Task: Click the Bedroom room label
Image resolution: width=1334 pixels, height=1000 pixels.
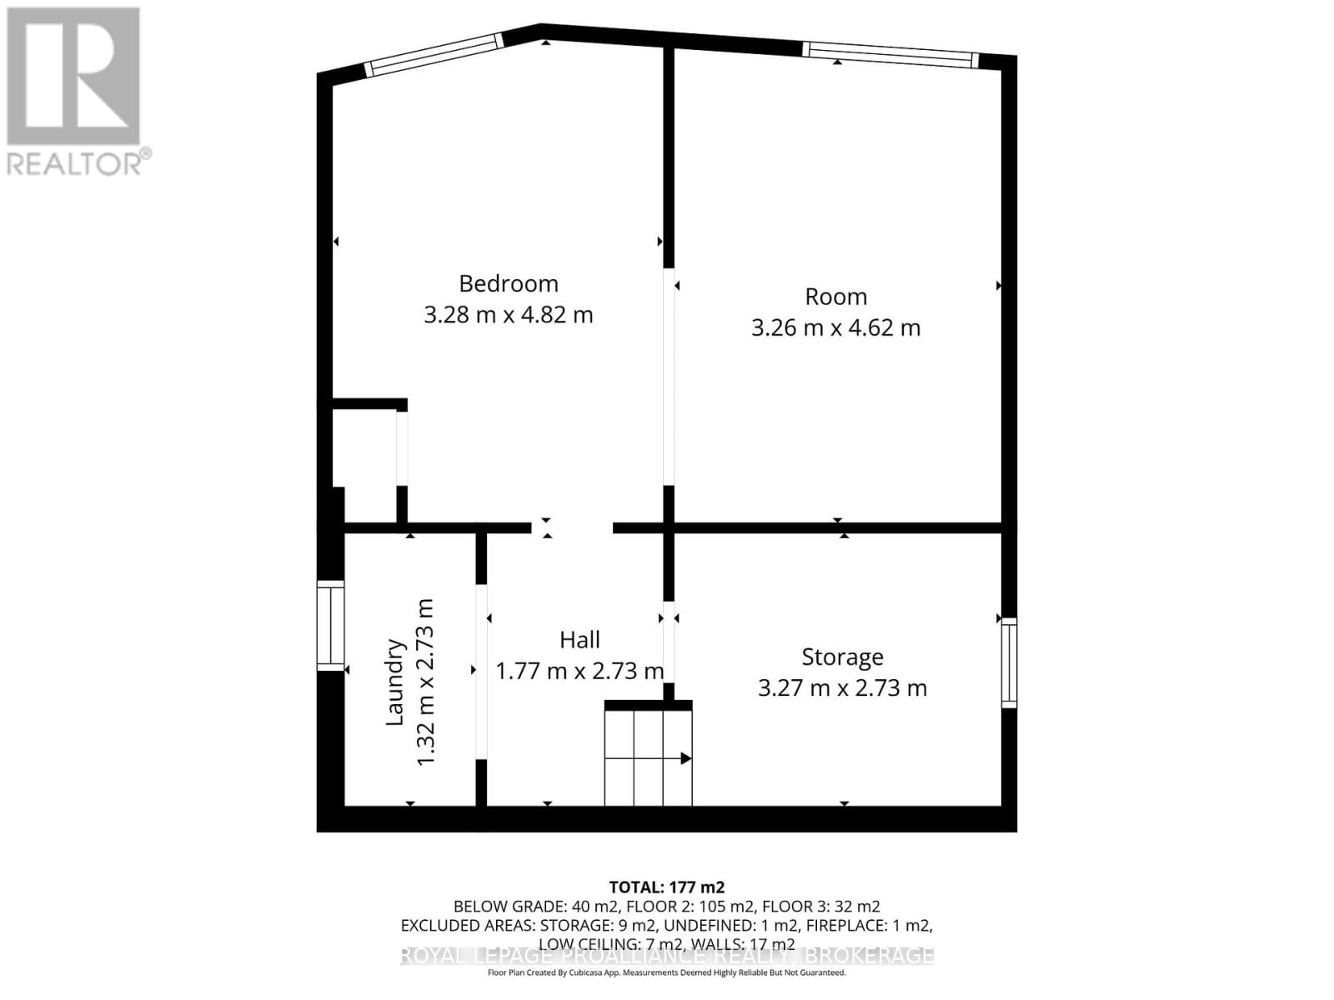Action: (x=508, y=283)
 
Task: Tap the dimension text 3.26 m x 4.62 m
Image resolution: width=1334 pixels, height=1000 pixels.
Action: (x=835, y=327)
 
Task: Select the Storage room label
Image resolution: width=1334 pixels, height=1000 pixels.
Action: (x=842, y=657)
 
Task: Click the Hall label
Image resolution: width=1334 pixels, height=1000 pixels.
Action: (x=579, y=639)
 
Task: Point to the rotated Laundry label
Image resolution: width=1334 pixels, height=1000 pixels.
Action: (x=394, y=682)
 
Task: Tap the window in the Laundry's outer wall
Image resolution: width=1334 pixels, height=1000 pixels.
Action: (x=330, y=625)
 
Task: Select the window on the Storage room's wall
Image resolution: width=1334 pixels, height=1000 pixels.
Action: (x=1009, y=663)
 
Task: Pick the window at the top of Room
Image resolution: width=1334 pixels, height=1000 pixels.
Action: (x=889, y=55)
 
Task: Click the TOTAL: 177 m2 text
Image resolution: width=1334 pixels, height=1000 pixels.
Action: (x=666, y=887)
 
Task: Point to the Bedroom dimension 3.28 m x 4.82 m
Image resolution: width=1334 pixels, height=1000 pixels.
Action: (x=508, y=315)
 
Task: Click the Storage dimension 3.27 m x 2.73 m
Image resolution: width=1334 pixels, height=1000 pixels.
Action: (x=842, y=688)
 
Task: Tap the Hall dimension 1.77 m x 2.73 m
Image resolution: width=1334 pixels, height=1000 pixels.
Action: (x=579, y=671)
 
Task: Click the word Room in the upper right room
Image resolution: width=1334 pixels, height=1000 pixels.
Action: (x=835, y=297)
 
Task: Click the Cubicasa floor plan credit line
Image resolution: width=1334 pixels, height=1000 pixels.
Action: (x=666, y=972)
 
